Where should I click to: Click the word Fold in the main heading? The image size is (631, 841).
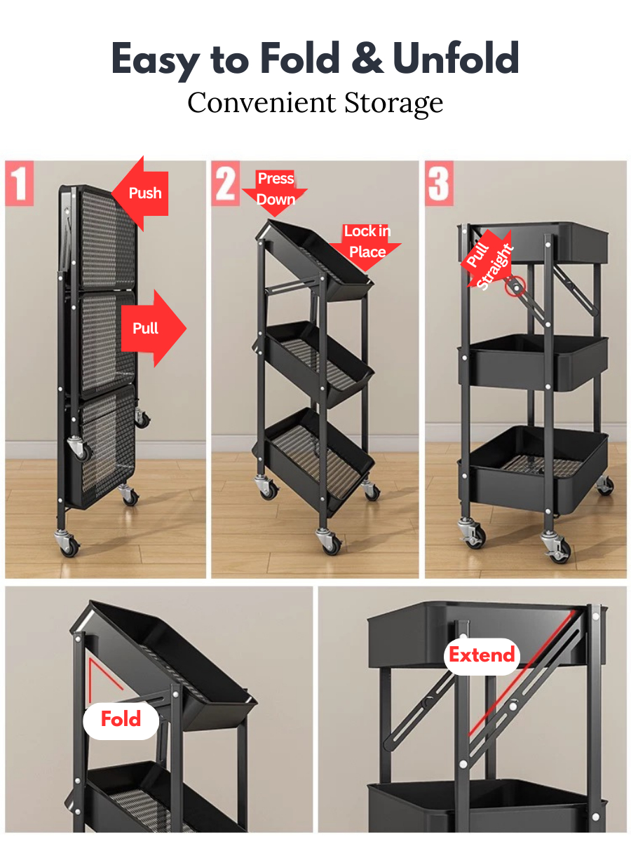(299, 57)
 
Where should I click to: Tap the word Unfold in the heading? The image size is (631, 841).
(456, 57)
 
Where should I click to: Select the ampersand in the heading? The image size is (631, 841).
(367, 57)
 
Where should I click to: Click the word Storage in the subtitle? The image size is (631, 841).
(393, 104)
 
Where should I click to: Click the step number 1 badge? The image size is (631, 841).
(19, 183)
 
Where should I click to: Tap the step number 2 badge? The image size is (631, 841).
(226, 183)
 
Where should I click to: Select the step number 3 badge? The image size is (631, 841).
(439, 183)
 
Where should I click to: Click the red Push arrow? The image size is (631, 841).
(140, 193)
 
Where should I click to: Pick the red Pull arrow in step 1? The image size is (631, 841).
(154, 329)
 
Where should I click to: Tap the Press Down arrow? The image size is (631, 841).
(275, 193)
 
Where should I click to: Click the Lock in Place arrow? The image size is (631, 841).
(366, 247)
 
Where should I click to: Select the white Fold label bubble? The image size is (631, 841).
(121, 718)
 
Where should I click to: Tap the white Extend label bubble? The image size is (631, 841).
(482, 655)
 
